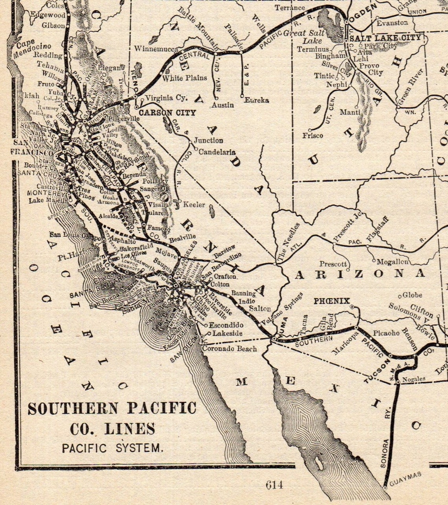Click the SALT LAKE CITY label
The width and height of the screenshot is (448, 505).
(x=385, y=38)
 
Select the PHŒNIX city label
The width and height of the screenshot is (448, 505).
(x=331, y=301)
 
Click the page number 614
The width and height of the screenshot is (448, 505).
(x=274, y=485)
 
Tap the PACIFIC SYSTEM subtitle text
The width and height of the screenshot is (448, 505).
(x=112, y=448)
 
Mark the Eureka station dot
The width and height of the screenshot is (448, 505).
(x=242, y=95)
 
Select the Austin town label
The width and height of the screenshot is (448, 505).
(x=222, y=105)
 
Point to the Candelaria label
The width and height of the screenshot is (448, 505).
(x=217, y=152)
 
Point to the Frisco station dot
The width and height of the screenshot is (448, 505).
(x=310, y=130)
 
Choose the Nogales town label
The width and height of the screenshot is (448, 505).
(x=413, y=379)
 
